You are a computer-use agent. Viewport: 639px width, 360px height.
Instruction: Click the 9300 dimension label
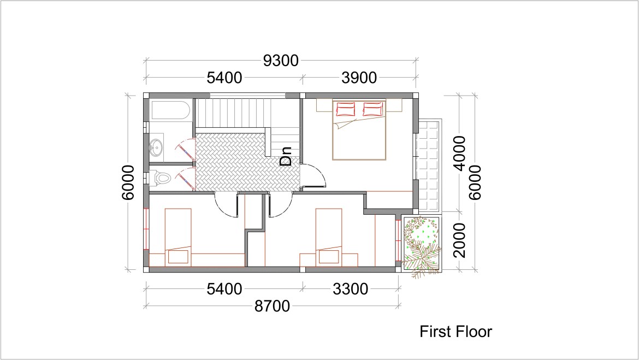tap(281, 61)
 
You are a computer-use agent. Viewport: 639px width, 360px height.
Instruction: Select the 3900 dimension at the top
tap(359, 78)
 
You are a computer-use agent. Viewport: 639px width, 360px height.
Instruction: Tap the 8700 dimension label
tap(272, 306)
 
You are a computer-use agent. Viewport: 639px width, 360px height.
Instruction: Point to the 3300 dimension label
tap(351, 289)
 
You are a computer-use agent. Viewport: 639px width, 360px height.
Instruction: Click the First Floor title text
tap(455, 332)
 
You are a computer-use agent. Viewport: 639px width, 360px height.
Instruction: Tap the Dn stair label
tap(286, 157)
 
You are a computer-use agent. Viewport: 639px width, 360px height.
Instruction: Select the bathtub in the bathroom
tap(171, 110)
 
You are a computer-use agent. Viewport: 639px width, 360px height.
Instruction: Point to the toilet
tap(160, 178)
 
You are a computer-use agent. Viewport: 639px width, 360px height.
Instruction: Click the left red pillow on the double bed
tap(345, 109)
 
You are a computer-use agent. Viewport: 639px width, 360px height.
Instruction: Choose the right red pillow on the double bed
tap(372, 109)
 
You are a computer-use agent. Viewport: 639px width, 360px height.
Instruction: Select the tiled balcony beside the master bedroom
tap(429, 166)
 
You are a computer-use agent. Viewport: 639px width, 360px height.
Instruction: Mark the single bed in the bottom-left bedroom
tap(178, 237)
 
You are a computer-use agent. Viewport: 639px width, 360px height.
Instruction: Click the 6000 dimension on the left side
tap(128, 182)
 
